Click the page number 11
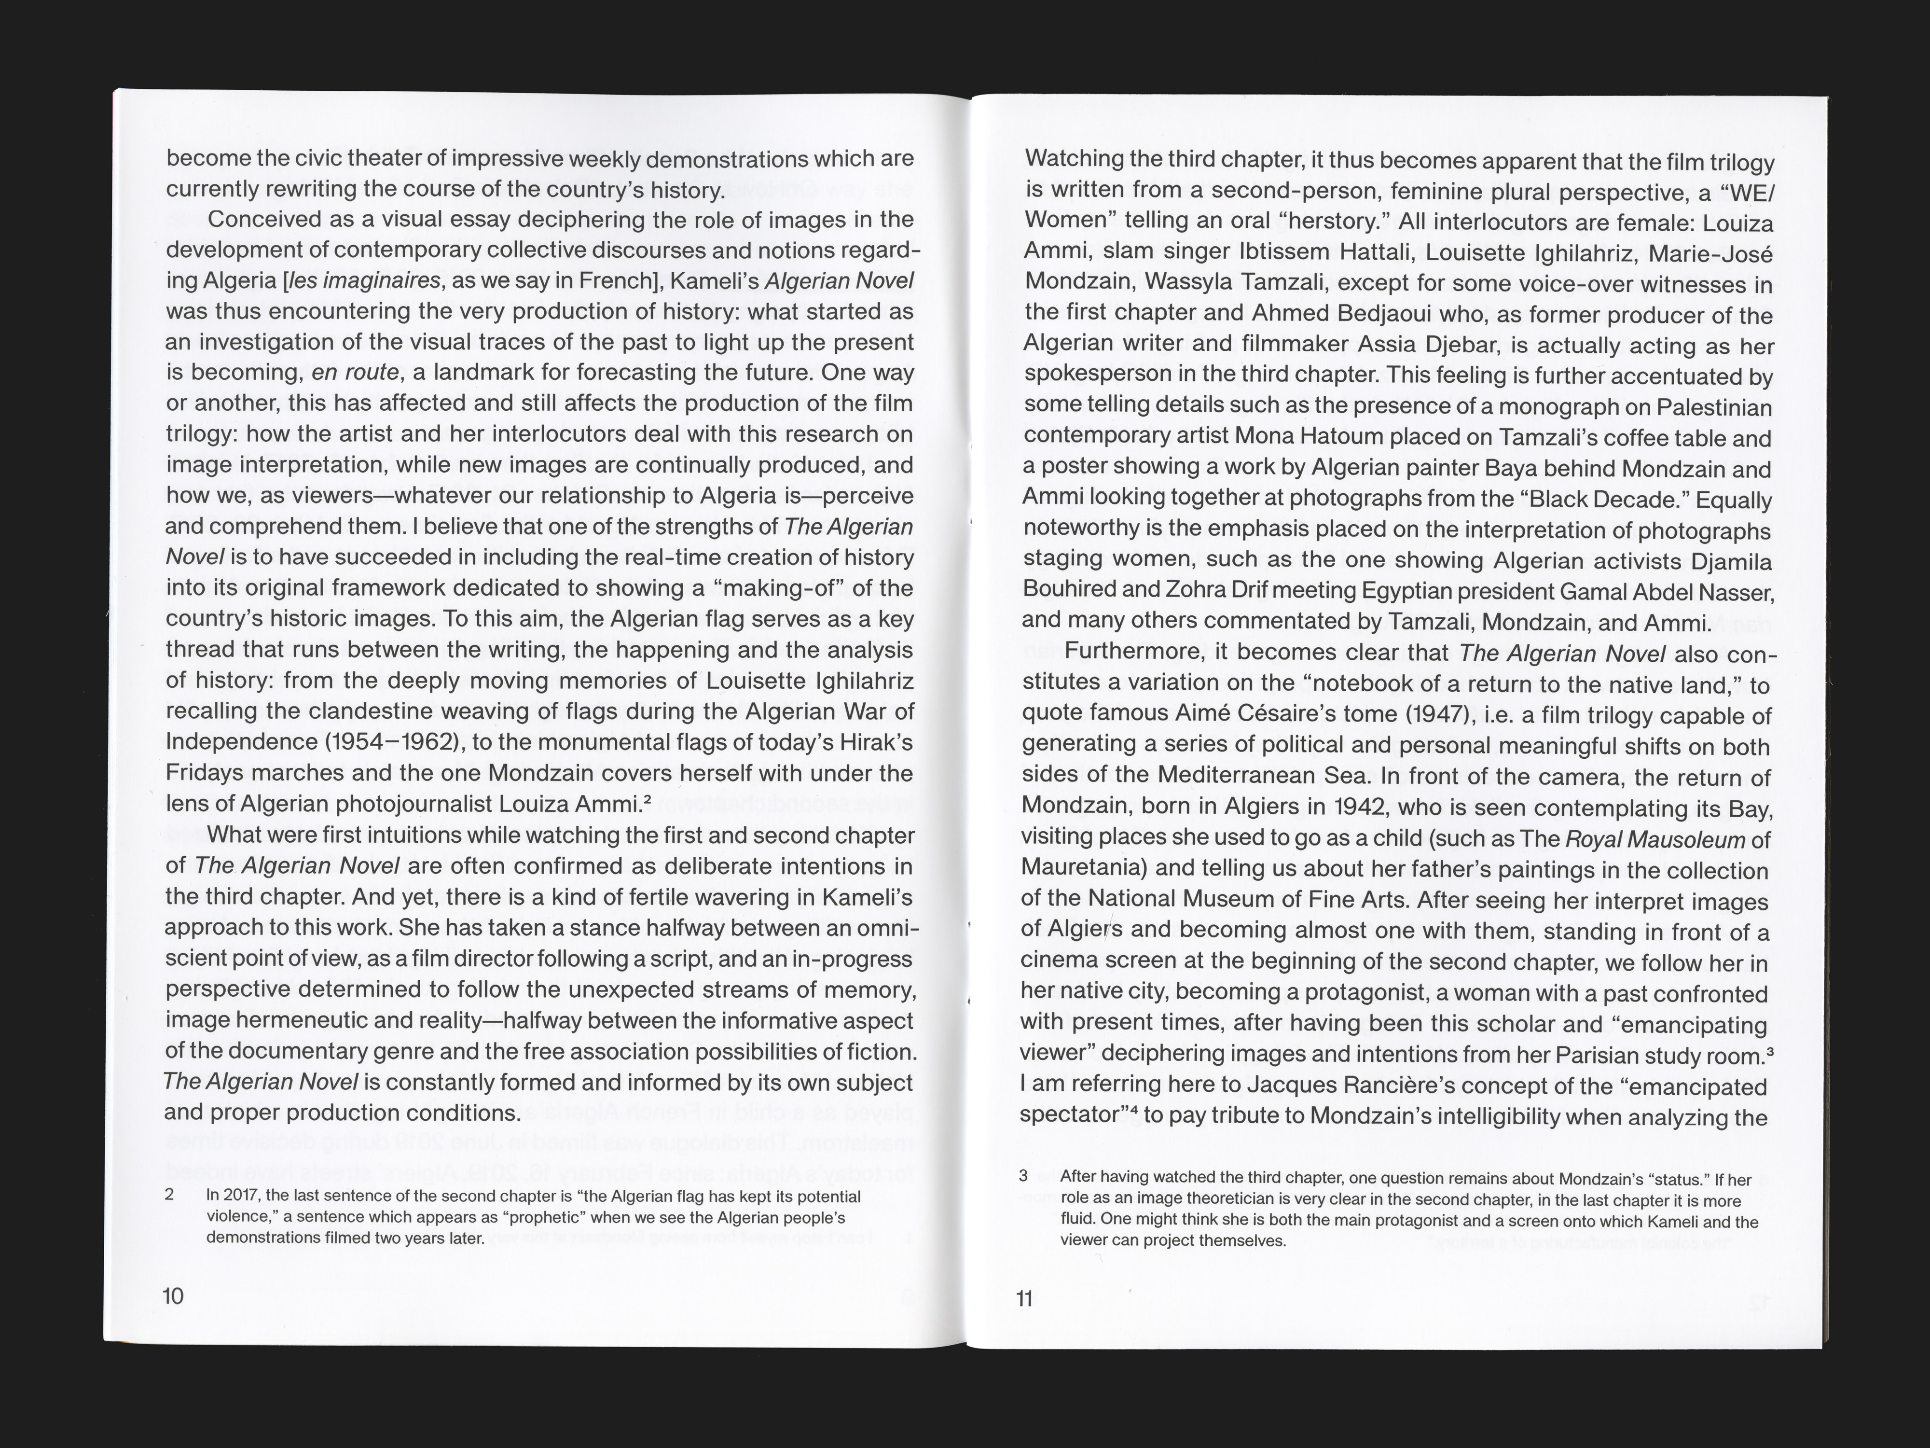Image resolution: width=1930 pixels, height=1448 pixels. click(1024, 1299)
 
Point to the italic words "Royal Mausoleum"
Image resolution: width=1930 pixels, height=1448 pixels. click(1655, 840)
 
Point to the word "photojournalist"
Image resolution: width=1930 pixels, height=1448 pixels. click(450, 804)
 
